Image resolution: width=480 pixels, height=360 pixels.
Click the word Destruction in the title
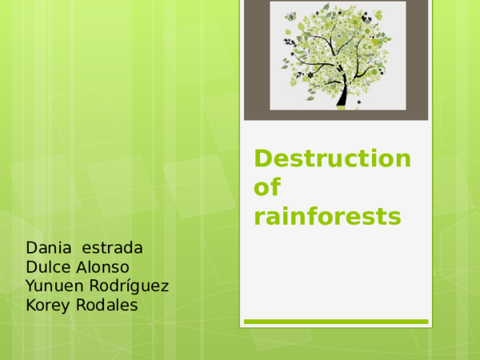[333, 158]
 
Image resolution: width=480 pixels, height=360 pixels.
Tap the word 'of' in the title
[268, 188]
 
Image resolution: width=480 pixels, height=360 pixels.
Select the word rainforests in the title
[327, 216]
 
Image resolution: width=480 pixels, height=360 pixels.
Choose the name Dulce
[48, 266]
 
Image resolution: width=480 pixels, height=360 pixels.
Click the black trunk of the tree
[343, 94]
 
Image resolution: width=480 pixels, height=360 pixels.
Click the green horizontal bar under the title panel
[336, 322]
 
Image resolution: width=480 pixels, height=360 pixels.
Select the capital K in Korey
[31, 306]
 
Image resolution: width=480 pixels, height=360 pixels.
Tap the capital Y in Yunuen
[31, 286]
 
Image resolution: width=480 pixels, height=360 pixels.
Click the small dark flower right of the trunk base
[364, 98]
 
